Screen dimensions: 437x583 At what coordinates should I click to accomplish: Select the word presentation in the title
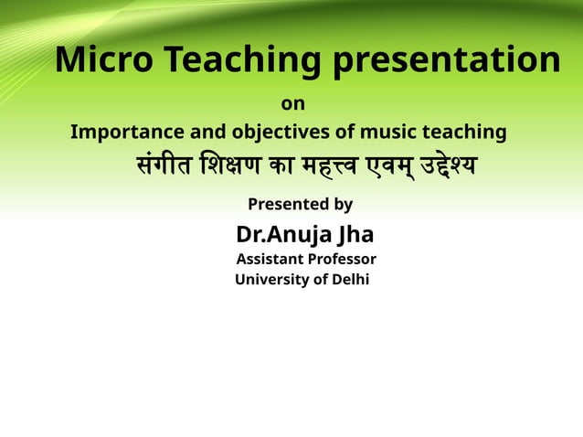446,60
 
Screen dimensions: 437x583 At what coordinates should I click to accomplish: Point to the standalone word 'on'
293,104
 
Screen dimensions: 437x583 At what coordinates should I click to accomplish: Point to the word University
270,280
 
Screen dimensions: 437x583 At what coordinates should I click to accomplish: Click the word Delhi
351,280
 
